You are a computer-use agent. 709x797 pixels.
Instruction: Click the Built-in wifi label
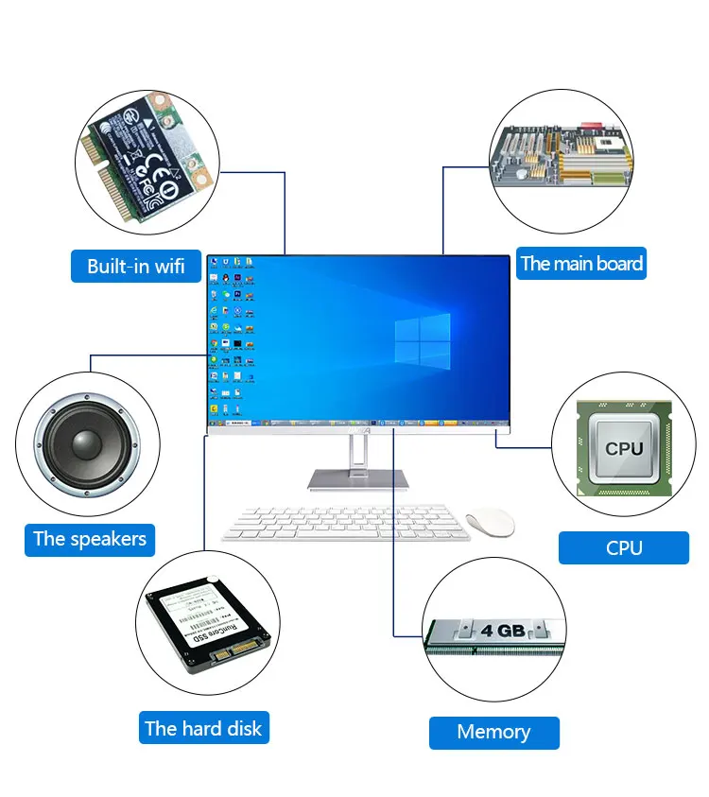(x=136, y=266)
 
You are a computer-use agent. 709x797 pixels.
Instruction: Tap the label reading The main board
(x=581, y=264)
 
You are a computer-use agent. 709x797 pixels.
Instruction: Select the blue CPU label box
(x=624, y=547)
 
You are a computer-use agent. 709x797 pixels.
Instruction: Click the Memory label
(x=493, y=732)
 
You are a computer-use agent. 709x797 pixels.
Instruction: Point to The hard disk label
(x=203, y=729)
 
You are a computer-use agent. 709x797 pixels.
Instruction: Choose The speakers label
(x=90, y=539)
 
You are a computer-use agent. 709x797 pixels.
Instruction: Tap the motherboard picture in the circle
(x=561, y=158)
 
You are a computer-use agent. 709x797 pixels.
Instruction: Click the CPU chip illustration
(x=624, y=448)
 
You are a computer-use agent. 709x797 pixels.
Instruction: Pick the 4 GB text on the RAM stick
(x=502, y=631)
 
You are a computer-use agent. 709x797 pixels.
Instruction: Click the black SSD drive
(x=208, y=624)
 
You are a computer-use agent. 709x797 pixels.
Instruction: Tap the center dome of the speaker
(x=86, y=443)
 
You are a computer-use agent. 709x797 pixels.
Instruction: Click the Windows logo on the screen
(x=423, y=343)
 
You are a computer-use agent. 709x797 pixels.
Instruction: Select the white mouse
(x=490, y=521)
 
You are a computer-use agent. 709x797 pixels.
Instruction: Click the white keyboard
(x=346, y=523)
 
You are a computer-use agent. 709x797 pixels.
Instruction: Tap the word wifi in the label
(x=170, y=266)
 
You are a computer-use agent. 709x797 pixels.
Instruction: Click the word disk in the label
(x=243, y=729)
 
